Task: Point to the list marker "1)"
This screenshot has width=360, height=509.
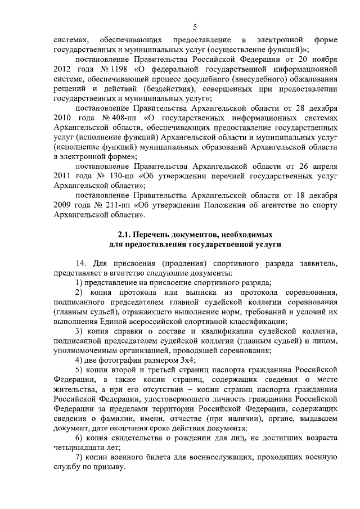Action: [78, 282]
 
